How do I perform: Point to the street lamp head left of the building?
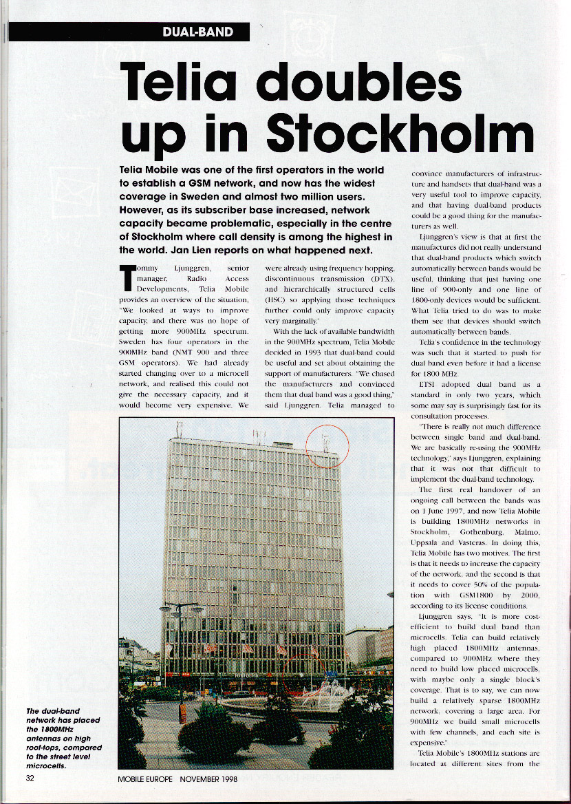(x=181, y=609)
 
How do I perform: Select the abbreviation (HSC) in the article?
(x=277, y=300)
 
